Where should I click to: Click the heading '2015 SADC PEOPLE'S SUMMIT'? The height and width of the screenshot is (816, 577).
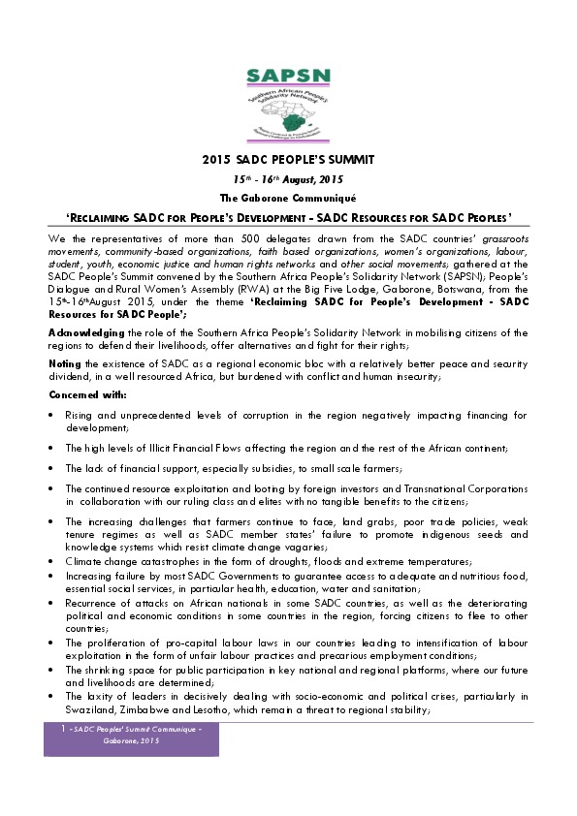click(288, 160)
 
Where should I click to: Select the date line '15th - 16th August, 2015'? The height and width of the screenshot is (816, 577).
click(288, 179)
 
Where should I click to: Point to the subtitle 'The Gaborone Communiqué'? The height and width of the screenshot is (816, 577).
click(288, 197)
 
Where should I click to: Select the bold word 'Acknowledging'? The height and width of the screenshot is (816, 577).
click(80, 333)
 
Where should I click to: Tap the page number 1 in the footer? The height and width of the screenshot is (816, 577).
click(63, 727)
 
